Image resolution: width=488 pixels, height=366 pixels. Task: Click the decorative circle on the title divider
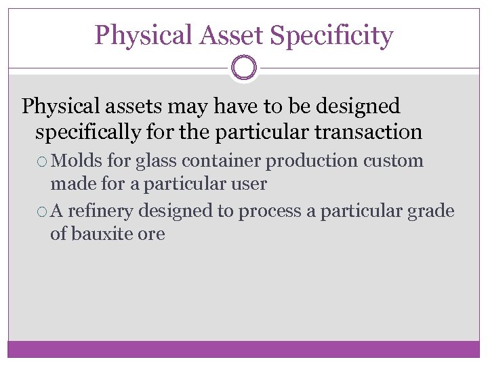(244, 68)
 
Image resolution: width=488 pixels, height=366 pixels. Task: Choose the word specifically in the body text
(87, 132)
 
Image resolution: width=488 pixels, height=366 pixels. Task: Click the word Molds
(77, 161)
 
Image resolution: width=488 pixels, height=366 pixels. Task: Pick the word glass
(153, 162)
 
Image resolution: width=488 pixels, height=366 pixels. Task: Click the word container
(219, 161)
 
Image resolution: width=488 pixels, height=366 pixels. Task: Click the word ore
(154, 235)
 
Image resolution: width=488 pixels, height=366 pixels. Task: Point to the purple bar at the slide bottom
(244, 349)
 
